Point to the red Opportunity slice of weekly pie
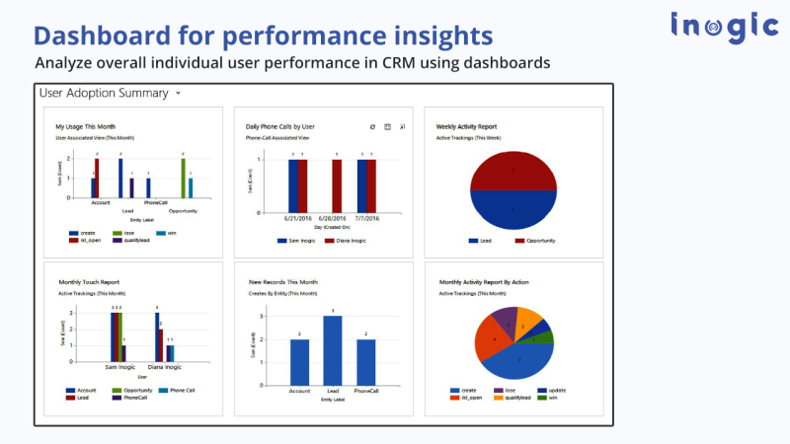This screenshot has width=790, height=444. [x=513, y=170]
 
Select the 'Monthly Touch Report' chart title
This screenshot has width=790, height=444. [x=89, y=282]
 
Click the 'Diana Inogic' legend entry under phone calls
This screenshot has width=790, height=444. [x=347, y=241]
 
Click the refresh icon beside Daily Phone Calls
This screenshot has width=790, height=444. [x=372, y=126]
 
